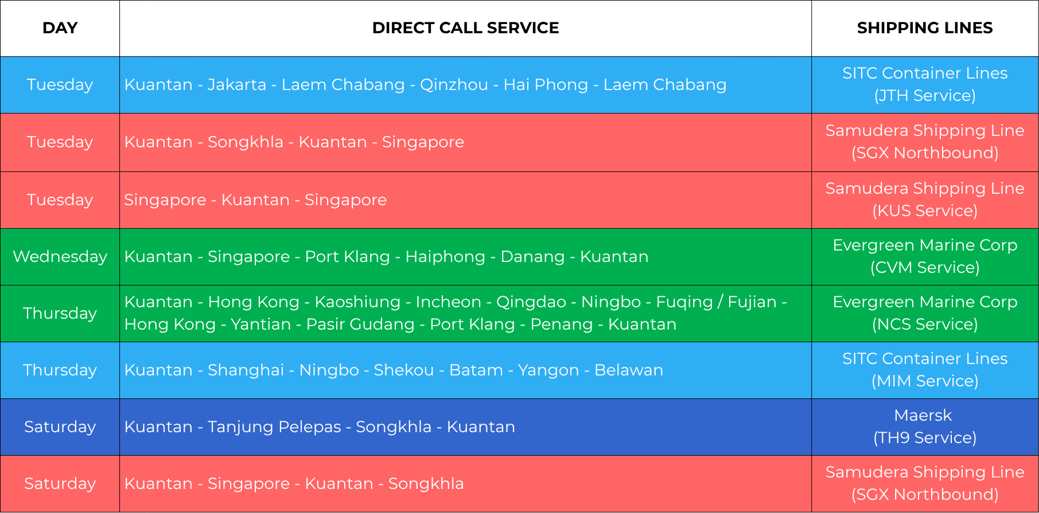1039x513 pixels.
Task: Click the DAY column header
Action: (x=60, y=28)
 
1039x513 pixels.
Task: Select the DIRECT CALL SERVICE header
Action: (x=465, y=28)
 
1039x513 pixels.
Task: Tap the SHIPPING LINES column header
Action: (x=925, y=28)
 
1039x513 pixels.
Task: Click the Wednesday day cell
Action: (x=60, y=257)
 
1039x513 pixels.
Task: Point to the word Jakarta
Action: (x=237, y=85)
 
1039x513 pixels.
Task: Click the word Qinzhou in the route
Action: (x=454, y=85)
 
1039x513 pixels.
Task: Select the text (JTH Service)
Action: (x=925, y=96)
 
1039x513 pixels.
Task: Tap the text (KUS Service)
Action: (x=925, y=211)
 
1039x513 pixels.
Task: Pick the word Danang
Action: (x=532, y=257)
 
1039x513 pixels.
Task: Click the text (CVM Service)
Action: (x=925, y=268)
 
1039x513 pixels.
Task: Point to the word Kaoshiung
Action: (x=357, y=302)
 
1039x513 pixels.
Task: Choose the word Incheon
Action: (x=449, y=302)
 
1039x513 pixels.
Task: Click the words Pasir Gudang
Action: (x=360, y=324)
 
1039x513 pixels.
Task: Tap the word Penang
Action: (x=562, y=324)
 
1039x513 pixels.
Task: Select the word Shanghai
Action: (x=246, y=370)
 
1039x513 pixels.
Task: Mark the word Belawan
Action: (x=629, y=370)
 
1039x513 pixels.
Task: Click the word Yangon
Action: (x=548, y=370)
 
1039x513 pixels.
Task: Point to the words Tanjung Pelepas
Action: (x=274, y=427)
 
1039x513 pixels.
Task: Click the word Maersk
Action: (x=923, y=416)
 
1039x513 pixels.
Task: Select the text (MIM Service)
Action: (x=925, y=381)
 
